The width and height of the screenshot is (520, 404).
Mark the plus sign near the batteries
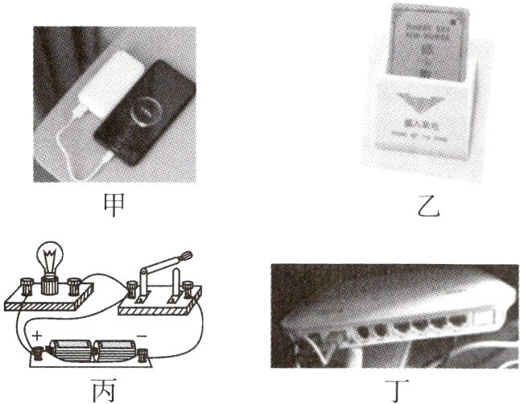(36, 332)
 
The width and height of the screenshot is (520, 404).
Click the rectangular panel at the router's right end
(486, 315)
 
